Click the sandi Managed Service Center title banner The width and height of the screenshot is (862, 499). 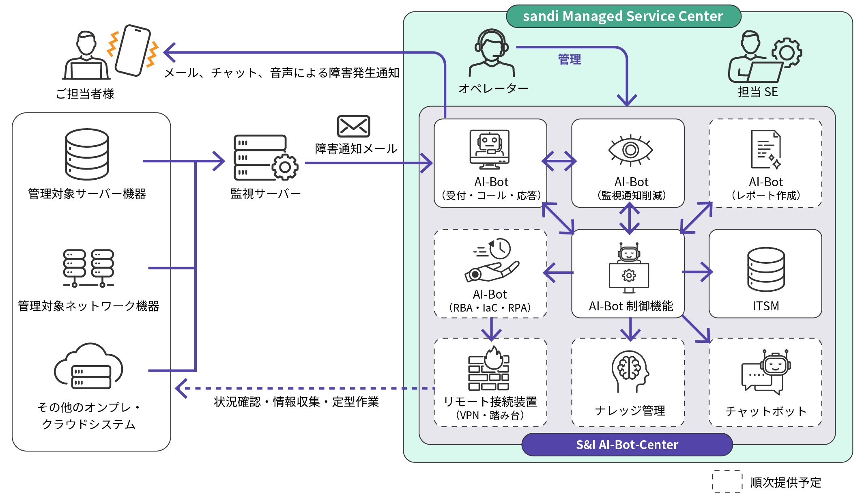(623, 17)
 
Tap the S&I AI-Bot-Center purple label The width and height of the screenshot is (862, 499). (627, 445)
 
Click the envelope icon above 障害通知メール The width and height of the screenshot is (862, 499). (353, 126)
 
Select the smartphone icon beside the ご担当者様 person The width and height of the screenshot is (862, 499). (133, 50)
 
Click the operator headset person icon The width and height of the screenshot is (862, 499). (492, 53)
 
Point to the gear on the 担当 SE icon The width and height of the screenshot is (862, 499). (787, 53)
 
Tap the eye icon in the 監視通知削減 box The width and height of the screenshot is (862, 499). (630, 150)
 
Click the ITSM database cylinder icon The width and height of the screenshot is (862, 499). (765, 269)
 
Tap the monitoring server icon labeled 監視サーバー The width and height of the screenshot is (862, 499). (265, 158)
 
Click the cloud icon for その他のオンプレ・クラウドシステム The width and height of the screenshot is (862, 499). (88, 366)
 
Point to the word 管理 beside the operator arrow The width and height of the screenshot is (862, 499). (569, 60)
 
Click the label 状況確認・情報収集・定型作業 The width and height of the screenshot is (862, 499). (296, 402)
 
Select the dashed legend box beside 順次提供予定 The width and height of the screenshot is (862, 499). (727, 482)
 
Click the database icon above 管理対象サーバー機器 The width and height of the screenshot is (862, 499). (87, 154)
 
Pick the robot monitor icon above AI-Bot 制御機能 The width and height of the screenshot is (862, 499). (629, 268)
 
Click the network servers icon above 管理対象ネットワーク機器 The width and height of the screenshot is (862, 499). (88, 268)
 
